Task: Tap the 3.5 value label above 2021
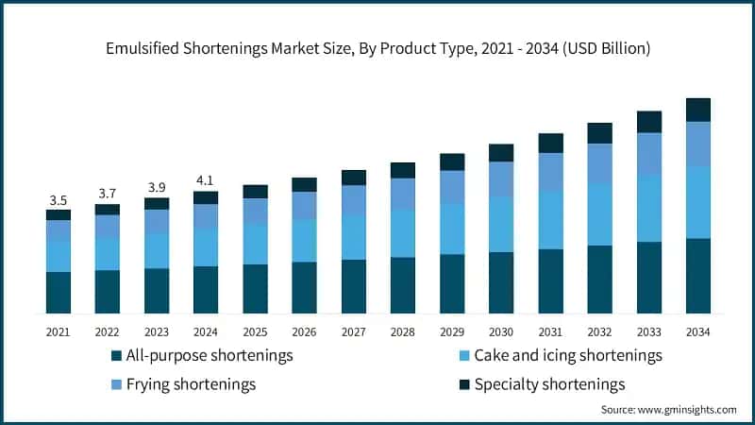point(58,200)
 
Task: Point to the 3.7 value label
point(107,194)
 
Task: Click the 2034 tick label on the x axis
point(698,331)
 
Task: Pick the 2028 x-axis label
point(403,331)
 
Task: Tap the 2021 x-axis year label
point(58,331)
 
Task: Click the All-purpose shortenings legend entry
point(202,356)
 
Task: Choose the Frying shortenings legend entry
point(184,384)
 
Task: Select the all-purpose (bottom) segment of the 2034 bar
point(698,276)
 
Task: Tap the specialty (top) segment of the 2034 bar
point(698,110)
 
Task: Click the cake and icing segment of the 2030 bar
point(501,224)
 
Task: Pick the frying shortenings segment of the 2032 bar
point(600,163)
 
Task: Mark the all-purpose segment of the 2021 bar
point(58,293)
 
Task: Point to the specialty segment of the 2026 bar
point(304,184)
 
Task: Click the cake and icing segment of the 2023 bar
point(157,250)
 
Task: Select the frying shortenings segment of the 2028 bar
point(403,194)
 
